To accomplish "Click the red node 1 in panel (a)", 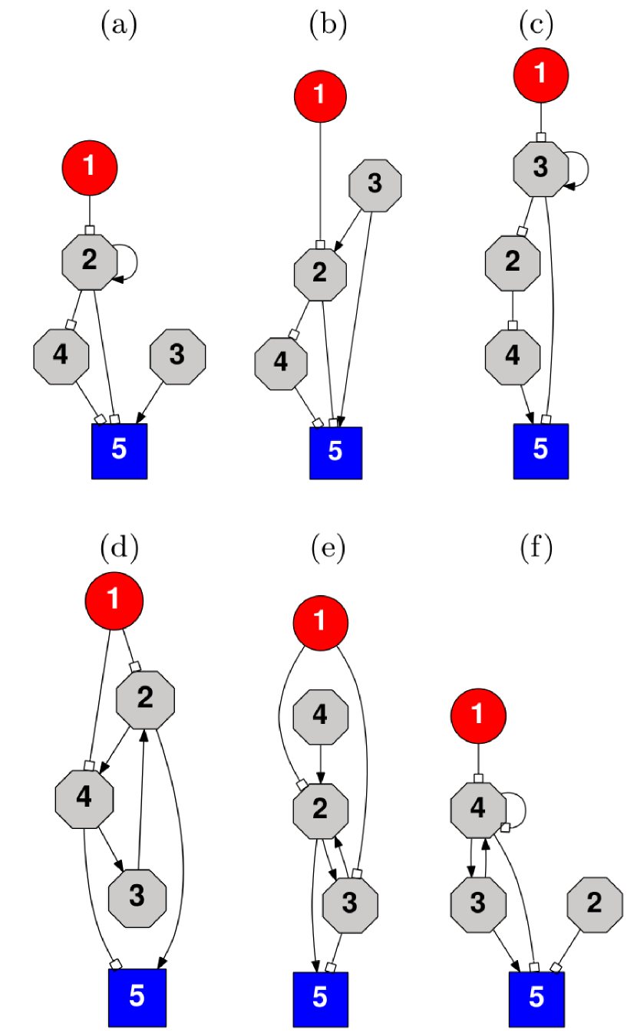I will click(x=90, y=166).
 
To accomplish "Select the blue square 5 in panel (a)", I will click(x=119, y=451).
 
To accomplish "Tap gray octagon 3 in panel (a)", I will click(x=177, y=356).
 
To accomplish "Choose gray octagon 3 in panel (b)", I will click(x=375, y=185).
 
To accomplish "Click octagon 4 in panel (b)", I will click(x=281, y=361).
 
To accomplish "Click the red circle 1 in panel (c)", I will click(x=541, y=74).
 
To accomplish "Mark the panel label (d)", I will click(x=118, y=548).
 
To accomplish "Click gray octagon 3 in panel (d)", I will click(x=137, y=896).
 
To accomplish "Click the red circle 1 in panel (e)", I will click(x=321, y=621).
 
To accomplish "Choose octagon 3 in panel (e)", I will click(x=350, y=905).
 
